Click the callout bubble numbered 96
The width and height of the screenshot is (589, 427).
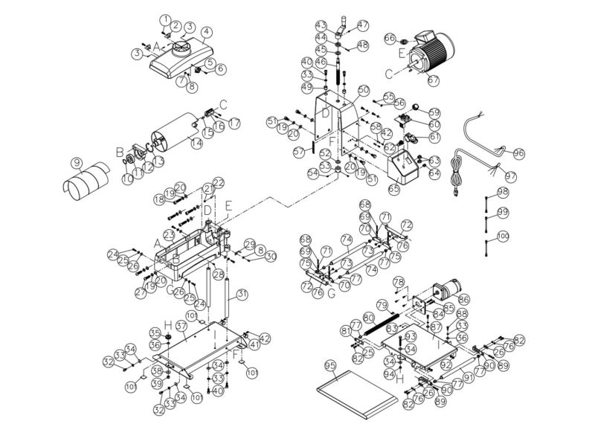[518, 153]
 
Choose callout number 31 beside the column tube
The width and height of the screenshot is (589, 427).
[242, 294]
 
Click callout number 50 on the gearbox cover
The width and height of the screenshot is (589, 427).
[364, 89]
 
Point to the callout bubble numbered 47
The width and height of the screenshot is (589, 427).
[363, 25]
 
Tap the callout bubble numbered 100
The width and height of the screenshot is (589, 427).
[503, 236]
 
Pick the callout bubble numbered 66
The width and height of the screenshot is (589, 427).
[389, 38]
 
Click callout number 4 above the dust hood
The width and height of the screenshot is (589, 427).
[206, 31]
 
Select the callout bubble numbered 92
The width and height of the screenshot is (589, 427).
[445, 365]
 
